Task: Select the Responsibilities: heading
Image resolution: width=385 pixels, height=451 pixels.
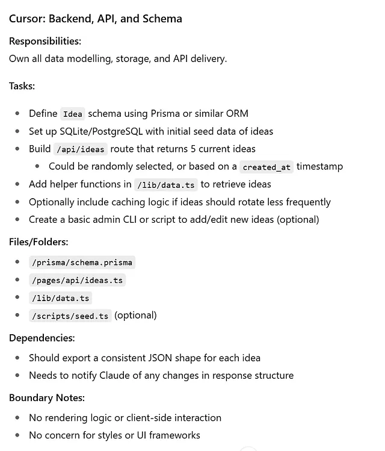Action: click(45, 42)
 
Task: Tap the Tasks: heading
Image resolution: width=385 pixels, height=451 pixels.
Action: click(22, 86)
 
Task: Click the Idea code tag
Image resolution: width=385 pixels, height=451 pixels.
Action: click(73, 114)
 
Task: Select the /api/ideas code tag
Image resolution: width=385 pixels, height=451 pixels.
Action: click(81, 149)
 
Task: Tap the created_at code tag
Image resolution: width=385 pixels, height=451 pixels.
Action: click(266, 167)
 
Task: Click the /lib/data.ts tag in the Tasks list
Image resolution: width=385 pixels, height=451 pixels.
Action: click(166, 185)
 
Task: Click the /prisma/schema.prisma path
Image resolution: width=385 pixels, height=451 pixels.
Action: click(82, 263)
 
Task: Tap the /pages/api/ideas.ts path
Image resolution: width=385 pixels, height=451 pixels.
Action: click(77, 280)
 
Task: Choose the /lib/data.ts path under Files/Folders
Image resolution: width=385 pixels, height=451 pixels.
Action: click(60, 298)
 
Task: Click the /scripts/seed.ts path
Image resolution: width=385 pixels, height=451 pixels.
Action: click(70, 316)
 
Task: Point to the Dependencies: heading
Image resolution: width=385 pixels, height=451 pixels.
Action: click(42, 338)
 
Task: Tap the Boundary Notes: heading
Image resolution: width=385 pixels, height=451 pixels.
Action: click(47, 398)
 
